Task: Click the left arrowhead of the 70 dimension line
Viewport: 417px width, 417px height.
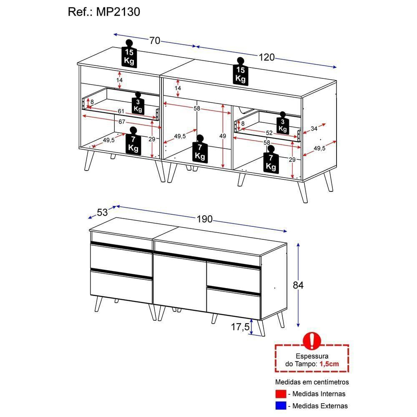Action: [115, 34]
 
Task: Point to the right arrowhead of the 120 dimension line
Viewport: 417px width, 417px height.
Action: [335, 67]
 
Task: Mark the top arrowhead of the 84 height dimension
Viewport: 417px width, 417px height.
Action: [299, 245]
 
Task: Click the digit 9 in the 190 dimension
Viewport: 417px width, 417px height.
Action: [204, 219]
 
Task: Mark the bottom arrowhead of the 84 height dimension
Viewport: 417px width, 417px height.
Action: [299, 325]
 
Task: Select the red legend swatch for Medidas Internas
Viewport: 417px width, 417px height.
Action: [281, 394]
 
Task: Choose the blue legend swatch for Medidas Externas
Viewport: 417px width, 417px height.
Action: [281, 406]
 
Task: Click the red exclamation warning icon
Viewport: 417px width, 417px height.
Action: [311, 340]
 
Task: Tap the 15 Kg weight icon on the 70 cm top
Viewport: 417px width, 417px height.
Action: [129, 54]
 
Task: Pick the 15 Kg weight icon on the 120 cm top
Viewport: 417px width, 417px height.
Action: [241, 72]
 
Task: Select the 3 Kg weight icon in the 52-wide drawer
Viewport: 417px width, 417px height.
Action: [282, 123]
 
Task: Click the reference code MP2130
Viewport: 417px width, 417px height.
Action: [118, 12]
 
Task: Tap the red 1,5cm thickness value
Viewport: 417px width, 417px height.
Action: [329, 364]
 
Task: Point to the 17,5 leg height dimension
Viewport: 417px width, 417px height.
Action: [240, 327]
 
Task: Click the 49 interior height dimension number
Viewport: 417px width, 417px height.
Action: [223, 136]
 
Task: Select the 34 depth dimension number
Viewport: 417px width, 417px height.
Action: [314, 129]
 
